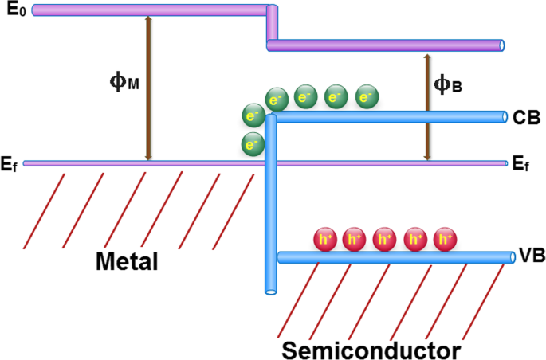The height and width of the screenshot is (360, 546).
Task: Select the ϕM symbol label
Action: pos(123,81)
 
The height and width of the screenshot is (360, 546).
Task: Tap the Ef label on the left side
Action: pos(10,165)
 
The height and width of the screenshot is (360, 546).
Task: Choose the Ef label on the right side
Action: pos(521,165)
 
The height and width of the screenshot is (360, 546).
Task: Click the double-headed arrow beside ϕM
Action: pos(147,88)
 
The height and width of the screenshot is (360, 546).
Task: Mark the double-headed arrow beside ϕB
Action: pos(426,108)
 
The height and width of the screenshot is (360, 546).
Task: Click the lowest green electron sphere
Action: pos(253,145)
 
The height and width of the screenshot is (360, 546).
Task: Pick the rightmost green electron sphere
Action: pos(367,96)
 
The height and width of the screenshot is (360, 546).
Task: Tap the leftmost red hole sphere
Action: pos(325,239)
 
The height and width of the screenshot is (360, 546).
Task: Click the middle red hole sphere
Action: pos(385,239)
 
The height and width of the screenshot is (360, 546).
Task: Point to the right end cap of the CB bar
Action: pos(504,117)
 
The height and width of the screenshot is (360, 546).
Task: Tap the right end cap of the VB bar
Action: pos(511,256)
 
